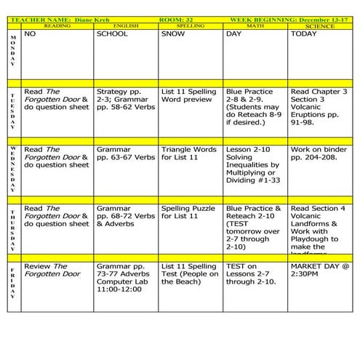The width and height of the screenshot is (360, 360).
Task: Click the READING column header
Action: (x=57, y=25)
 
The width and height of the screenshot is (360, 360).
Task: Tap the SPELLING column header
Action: (x=191, y=25)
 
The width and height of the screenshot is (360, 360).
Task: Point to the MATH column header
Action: (x=255, y=25)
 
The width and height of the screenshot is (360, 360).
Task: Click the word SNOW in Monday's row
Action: (x=173, y=33)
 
